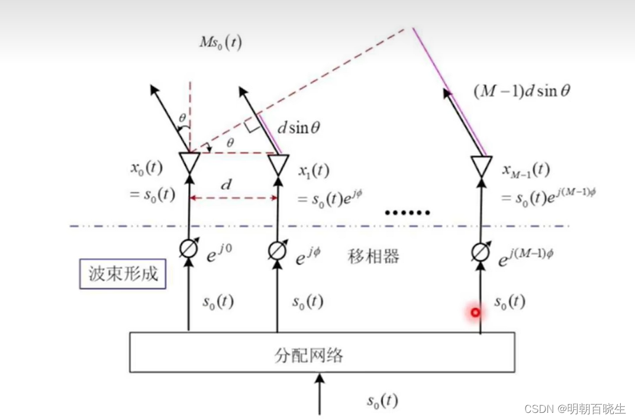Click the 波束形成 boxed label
pos(123,274)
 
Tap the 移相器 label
pos(373,256)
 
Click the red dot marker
pos(475,312)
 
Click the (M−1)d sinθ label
pos(522,91)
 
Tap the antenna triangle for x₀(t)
pos(189,163)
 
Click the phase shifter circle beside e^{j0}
pos(189,250)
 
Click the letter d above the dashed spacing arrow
pos(226,185)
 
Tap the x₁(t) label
pos(312,171)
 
